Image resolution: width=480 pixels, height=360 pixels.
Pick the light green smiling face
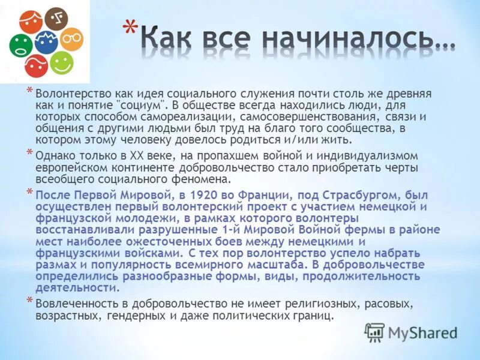[61, 62]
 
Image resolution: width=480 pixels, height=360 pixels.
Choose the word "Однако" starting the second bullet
[52, 156]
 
